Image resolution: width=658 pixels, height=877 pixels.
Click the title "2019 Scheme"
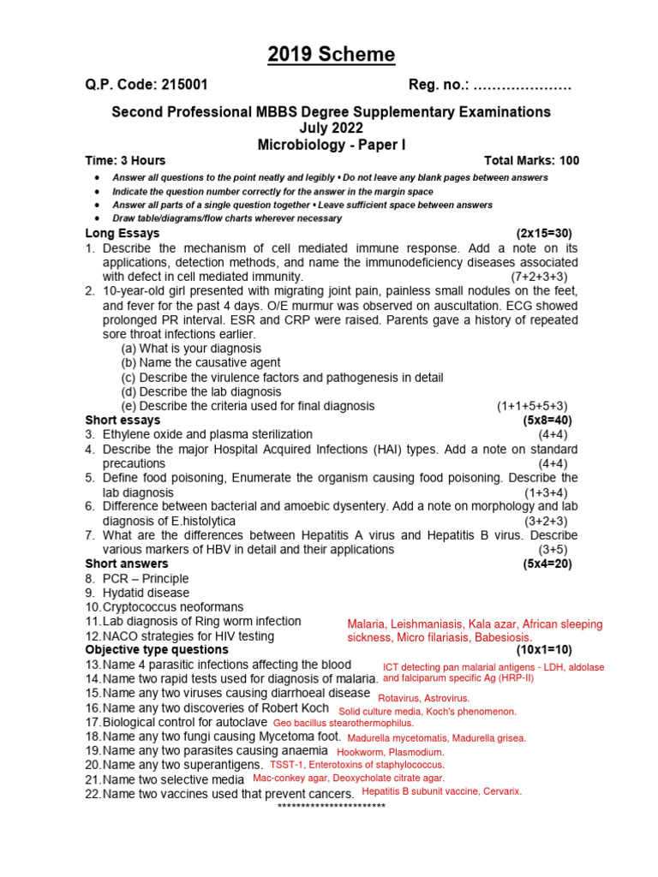(x=332, y=56)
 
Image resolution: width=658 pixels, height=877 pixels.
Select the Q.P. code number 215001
(x=182, y=86)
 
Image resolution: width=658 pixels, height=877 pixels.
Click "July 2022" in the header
(x=331, y=128)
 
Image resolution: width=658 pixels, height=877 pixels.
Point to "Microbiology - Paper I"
(x=331, y=145)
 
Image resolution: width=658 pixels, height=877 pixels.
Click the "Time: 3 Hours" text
(x=125, y=160)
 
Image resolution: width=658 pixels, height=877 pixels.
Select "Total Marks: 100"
(x=531, y=160)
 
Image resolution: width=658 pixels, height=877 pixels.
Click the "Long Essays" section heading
(x=122, y=233)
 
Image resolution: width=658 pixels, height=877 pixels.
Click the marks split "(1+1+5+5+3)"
(x=531, y=406)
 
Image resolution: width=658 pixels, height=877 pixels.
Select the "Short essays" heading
(x=123, y=421)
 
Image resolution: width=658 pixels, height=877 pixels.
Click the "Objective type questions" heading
(x=153, y=650)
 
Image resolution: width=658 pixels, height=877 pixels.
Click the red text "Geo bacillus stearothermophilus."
(x=343, y=723)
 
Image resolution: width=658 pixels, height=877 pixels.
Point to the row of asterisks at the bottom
(x=332, y=807)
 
